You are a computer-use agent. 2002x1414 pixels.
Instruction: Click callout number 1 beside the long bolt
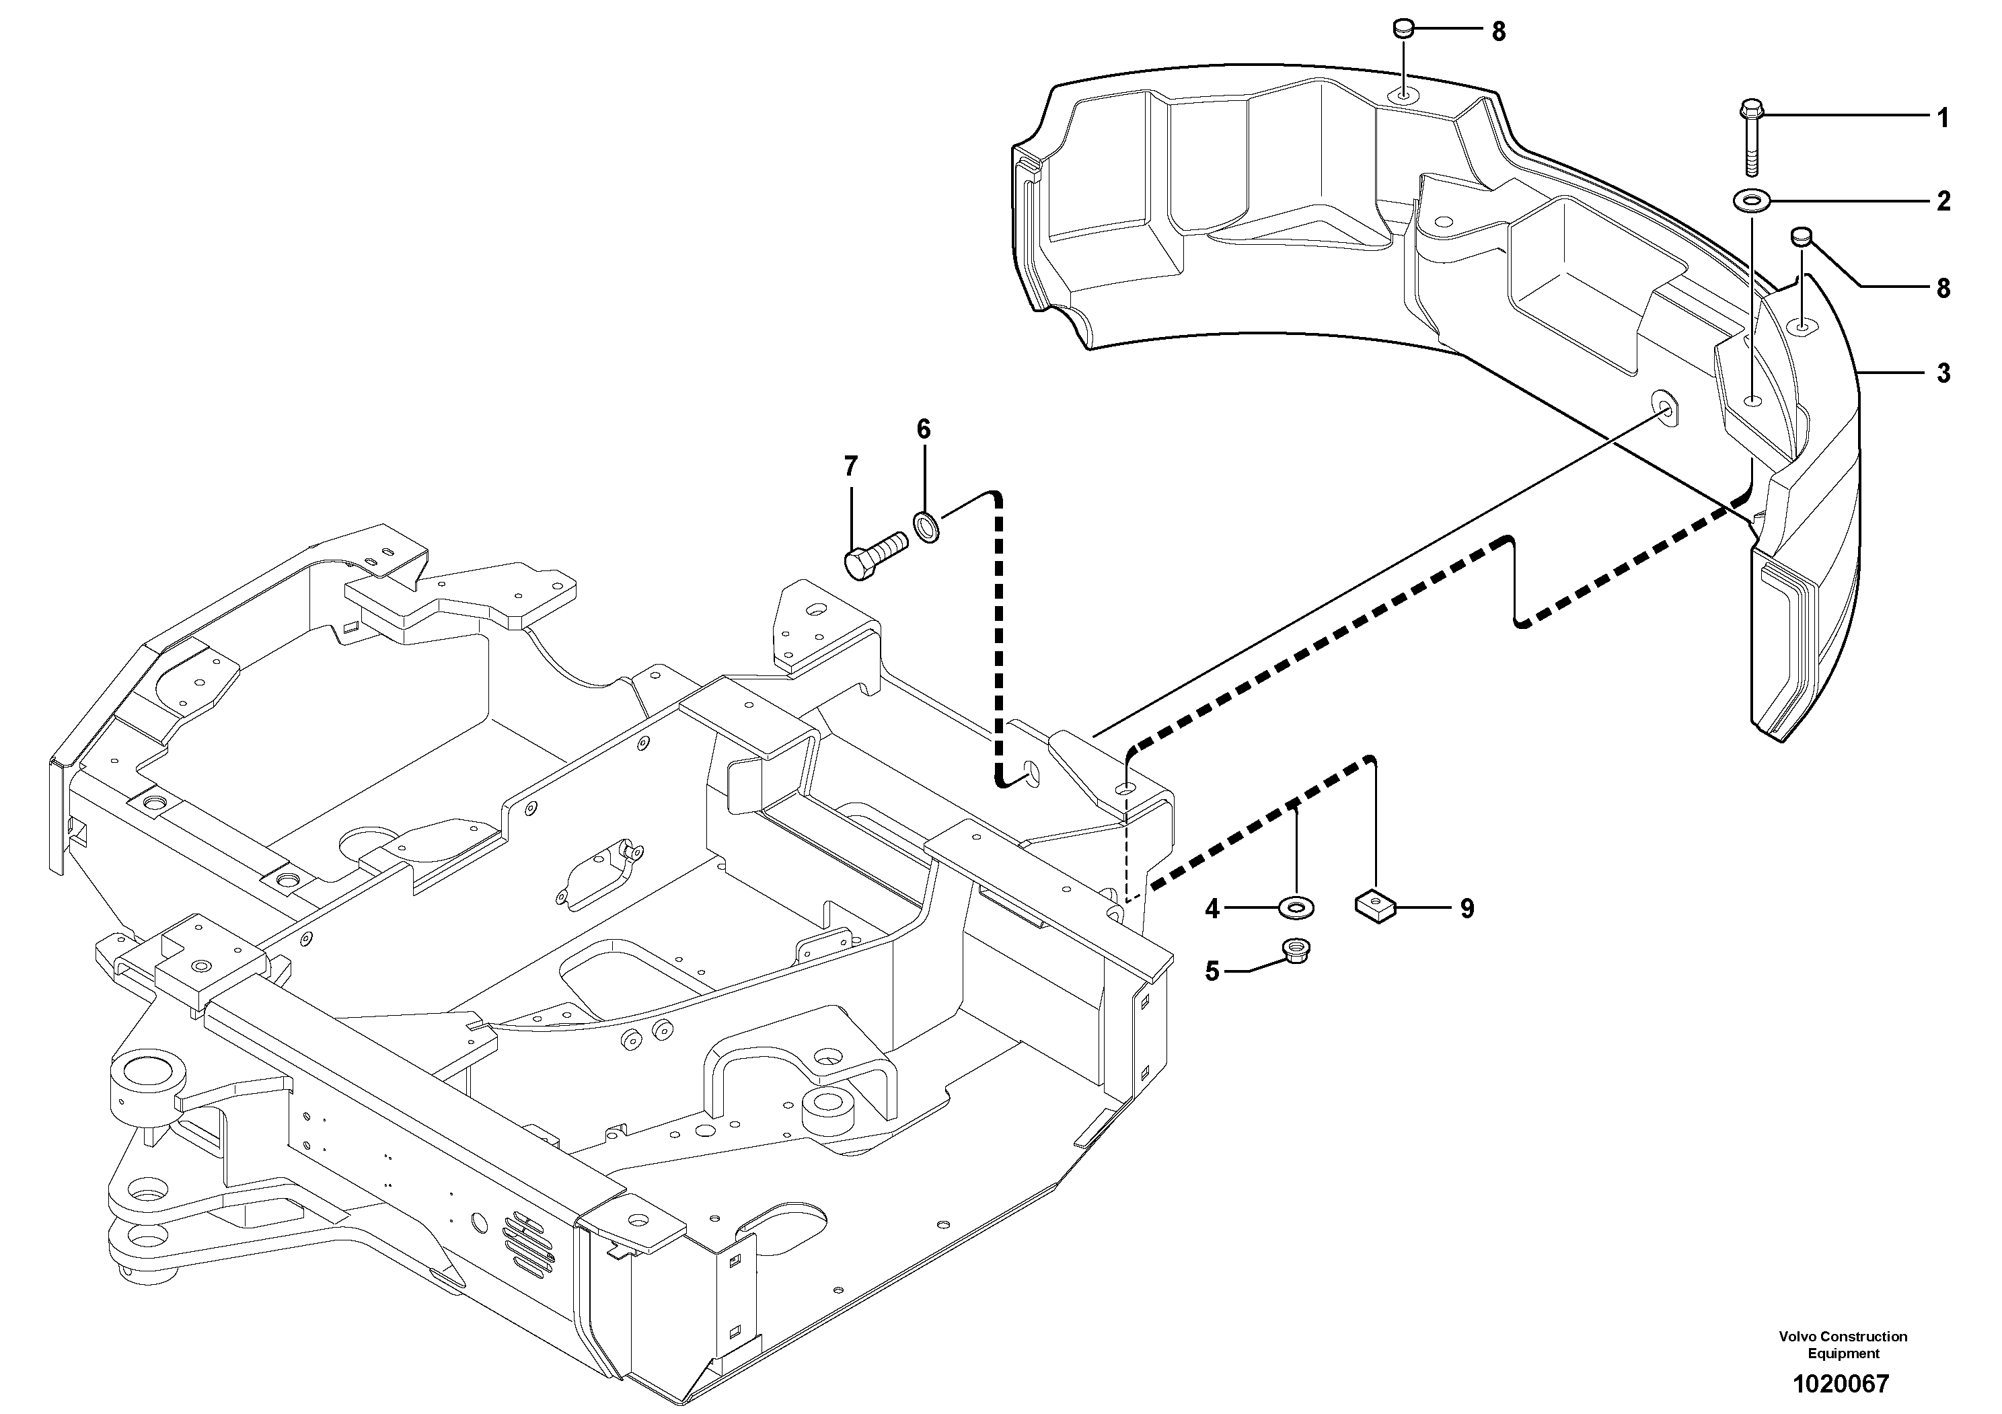tap(1943, 118)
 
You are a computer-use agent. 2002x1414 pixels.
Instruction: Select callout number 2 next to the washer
tap(1943, 201)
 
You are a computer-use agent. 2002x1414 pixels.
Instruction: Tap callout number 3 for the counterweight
tap(1943, 373)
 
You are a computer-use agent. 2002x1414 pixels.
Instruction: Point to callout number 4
tap(1212, 909)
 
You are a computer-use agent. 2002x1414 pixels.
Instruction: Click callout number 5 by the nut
tap(1212, 971)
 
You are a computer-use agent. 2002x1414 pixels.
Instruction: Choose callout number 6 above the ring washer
tap(924, 429)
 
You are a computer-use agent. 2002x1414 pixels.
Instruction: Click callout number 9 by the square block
tap(1467, 909)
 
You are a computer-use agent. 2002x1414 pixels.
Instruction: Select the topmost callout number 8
tap(1498, 32)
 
